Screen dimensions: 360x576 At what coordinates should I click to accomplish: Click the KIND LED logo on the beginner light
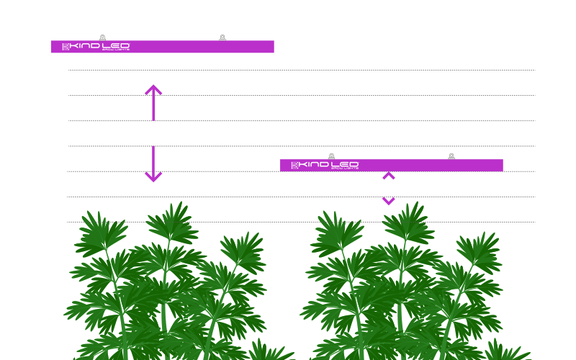pos(96,47)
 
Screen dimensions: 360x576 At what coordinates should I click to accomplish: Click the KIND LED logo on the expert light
pos(325,166)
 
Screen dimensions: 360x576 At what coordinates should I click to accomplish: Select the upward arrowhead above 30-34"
pos(153,90)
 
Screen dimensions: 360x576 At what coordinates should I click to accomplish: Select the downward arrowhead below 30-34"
pos(153,177)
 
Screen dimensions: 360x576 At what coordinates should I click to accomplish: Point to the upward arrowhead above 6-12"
pos(389,176)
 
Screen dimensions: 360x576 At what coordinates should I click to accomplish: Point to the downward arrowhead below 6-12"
pos(389,202)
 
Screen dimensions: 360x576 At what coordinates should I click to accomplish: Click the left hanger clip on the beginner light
pos(102,37)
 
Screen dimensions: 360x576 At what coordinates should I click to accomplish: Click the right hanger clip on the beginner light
pos(222,37)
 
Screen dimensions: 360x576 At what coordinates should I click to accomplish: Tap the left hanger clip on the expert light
pos(331,156)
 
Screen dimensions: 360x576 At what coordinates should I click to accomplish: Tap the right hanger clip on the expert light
pos(451,156)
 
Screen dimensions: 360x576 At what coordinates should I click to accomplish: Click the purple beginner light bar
pos(202,47)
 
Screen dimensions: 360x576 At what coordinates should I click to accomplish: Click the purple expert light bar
pos(432,166)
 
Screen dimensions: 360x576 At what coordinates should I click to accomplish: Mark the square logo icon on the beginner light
pos(66,47)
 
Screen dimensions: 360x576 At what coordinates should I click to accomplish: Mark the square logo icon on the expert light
pos(294,166)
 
